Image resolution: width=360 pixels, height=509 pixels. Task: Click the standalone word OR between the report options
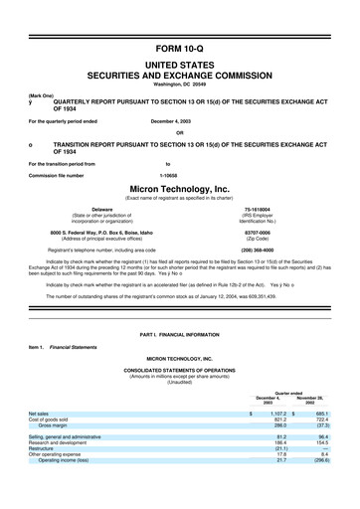[x=179, y=133]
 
